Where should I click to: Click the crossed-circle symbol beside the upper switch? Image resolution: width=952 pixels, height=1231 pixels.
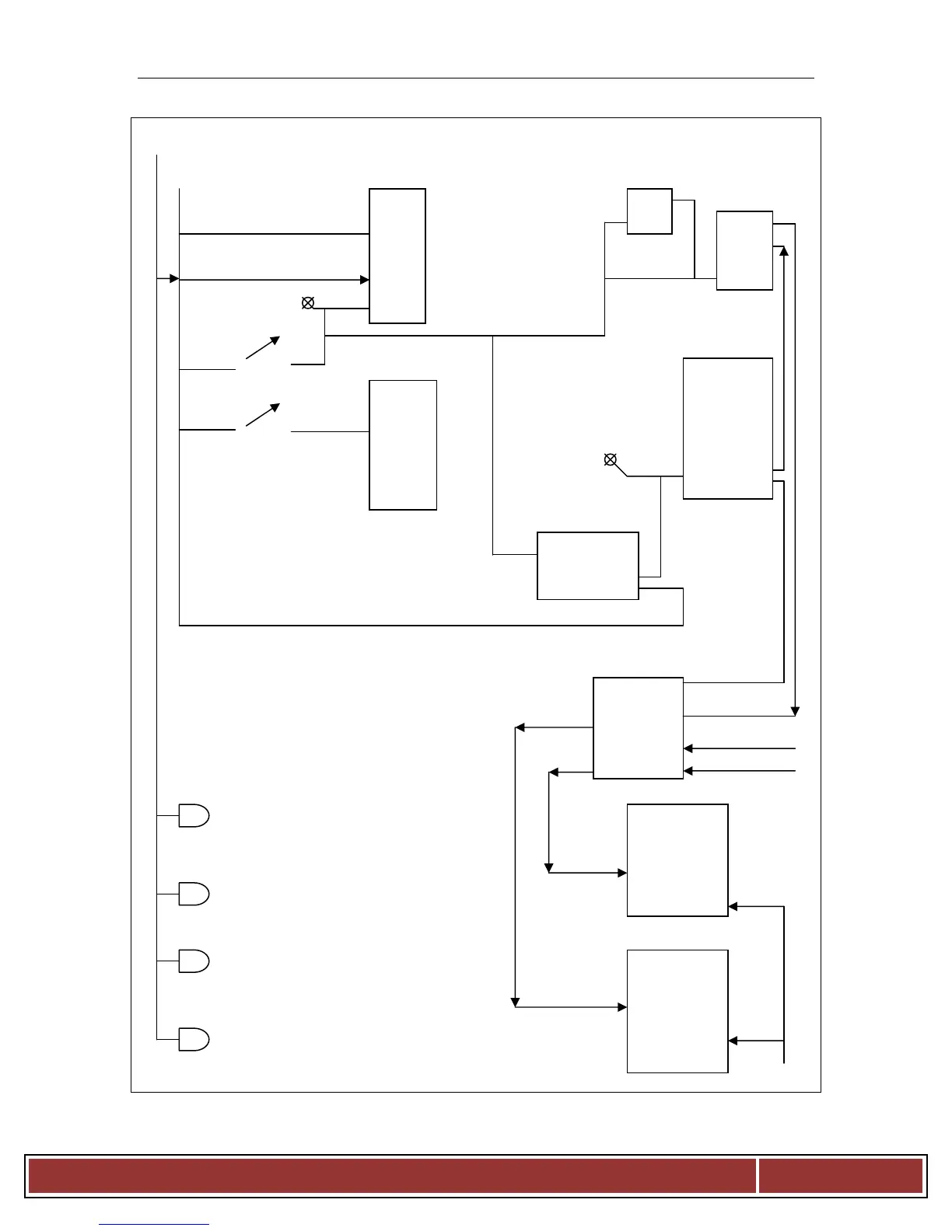point(308,303)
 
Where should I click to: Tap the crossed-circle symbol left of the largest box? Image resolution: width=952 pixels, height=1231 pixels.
point(611,460)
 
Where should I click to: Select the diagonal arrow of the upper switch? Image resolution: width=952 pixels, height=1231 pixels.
point(263,348)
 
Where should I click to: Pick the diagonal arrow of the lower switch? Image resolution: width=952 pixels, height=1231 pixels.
point(263,415)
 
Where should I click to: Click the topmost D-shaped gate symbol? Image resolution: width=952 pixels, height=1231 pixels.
point(194,815)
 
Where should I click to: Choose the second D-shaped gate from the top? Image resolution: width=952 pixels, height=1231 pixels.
point(194,894)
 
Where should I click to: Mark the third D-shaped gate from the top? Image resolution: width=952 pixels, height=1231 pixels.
point(194,961)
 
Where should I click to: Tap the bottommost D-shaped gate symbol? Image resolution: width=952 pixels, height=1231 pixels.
point(194,1039)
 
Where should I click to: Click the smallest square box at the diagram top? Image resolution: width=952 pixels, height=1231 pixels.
point(649,211)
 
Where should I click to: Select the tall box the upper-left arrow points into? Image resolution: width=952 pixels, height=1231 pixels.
point(397,256)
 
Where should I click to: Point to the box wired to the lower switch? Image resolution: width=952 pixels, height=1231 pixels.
point(403,445)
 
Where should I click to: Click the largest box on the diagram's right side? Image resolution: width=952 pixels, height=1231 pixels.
point(728,428)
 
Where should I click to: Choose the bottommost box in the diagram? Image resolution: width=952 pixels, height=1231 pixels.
point(677,1011)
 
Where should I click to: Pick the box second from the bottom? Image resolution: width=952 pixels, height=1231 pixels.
point(677,860)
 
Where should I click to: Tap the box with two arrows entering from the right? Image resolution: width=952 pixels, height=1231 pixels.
point(638,728)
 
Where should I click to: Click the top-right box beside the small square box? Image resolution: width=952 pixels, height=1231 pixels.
point(744,250)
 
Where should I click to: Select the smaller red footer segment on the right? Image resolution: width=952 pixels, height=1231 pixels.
point(841,1176)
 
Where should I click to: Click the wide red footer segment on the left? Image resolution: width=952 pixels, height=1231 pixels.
point(392,1176)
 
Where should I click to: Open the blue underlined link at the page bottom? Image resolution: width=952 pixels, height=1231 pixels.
point(154,1224)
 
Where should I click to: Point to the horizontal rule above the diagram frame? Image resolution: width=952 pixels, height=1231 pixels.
point(476,78)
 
